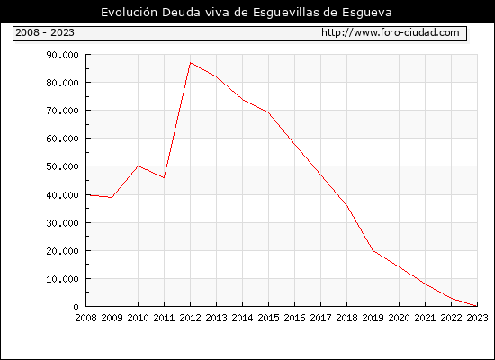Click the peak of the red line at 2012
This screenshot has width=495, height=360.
[x=191, y=63]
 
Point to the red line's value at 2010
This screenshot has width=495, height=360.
[x=139, y=166]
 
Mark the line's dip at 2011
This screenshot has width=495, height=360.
[x=164, y=178]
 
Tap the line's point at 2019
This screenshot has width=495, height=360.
[x=373, y=251]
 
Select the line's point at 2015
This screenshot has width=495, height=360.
[x=269, y=112]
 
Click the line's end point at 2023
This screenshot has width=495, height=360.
[x=477, y=306]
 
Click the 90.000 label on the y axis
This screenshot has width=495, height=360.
[x=62, y=55]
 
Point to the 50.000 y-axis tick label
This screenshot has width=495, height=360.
[x=62, y=166]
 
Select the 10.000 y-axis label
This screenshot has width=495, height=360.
[x=62, y=279]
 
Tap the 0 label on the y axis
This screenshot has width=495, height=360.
[x=76, y=307]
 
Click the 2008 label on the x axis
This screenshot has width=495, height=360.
[x=85, y=318]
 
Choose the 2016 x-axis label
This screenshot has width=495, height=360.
[x=294, y=318]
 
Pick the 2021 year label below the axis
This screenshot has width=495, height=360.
[x=425, y=318]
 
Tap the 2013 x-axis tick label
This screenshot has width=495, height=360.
[x=216, y=318]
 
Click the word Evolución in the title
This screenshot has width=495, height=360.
[x=129, y=13]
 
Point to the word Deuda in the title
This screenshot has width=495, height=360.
[x=181, y=13]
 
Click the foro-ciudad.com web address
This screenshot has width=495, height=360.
[x=391, y=32]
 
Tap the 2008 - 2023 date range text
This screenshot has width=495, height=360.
[x=45, y=32]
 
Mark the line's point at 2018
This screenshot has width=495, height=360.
[x=346, y=206]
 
